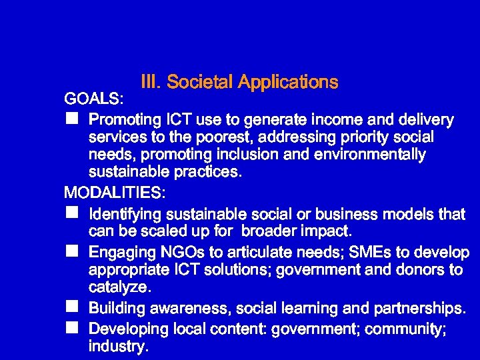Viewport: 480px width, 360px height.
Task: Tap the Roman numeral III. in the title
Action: [151, 82]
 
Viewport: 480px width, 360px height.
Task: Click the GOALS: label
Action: [93, 100]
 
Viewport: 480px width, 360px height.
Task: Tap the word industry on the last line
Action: [117, 347]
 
